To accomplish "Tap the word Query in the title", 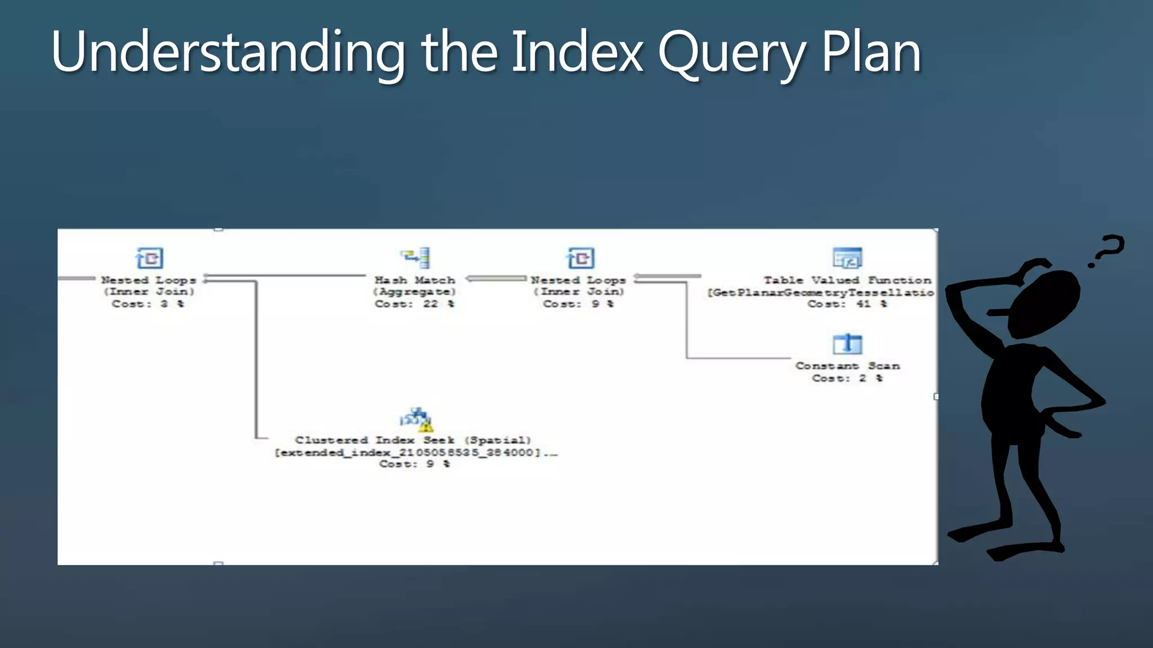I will tap(732, 52).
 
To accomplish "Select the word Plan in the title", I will tap(871, 52).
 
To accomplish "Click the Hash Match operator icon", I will tap(415, 258).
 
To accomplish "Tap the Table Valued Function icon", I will tap(847, 258).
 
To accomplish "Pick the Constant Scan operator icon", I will tap(847, 344).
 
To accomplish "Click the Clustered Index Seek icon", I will tap(415, 418).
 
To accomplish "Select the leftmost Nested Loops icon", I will tap(149, 258).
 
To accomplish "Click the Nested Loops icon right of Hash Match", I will tap(580, 258).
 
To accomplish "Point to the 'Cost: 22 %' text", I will tap(415, 304).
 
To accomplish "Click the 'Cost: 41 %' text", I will tap(847, 304).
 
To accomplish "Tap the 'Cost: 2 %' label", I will tap(847, 378).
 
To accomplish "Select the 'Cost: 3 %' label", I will tap(148, 304).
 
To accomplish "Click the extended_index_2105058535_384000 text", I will tap(415, 452).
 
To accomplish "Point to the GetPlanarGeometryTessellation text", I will tap(820, 292).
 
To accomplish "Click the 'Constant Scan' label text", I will tap(847, 366).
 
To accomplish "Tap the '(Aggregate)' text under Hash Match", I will tap(414, 292).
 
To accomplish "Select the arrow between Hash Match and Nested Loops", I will tap(496, 278).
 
